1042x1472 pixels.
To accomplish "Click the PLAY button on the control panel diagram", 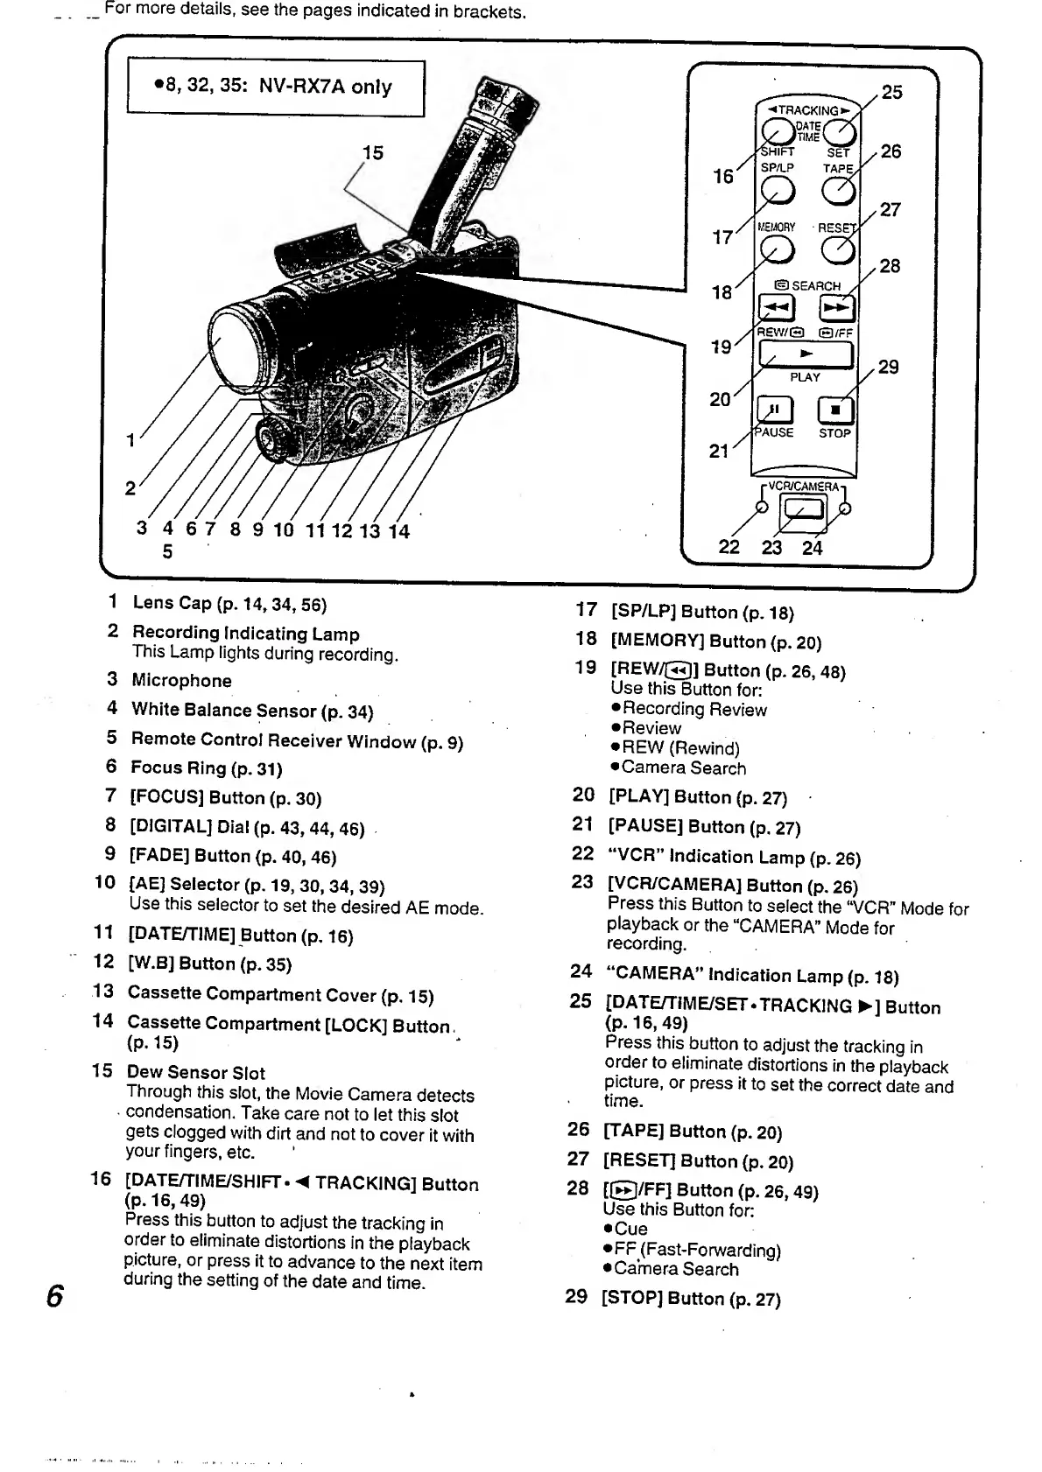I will (x=805, y=354).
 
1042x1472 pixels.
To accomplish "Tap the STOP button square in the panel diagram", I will (x=834, y=410).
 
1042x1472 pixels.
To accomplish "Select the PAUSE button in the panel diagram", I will (x=775, y=410).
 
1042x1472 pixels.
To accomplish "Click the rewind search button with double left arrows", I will (x=776, y=307).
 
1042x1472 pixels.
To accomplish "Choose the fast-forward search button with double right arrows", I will (x=836, y=307).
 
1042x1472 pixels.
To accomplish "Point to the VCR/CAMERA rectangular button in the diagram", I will (x=804, y=510).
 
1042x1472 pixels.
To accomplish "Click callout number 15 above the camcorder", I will (x=373, y=153).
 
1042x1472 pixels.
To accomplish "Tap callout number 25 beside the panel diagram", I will (x=891, y=93).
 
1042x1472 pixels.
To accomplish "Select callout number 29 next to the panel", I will (x=888, y=367).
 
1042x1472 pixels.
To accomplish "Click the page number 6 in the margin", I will (x=54, y=1294).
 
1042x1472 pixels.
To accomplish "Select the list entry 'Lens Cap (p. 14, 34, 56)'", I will (x=229, y=604).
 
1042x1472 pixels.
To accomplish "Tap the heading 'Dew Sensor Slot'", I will (x=195, y=1072).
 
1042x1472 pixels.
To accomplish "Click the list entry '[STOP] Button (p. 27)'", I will (x=690, y=1299).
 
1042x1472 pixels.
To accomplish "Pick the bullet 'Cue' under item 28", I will (x=630, y=1229).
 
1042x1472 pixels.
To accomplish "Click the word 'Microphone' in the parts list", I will (x=181, y=681).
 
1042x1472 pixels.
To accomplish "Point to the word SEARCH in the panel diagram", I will (x=815, y=286).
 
